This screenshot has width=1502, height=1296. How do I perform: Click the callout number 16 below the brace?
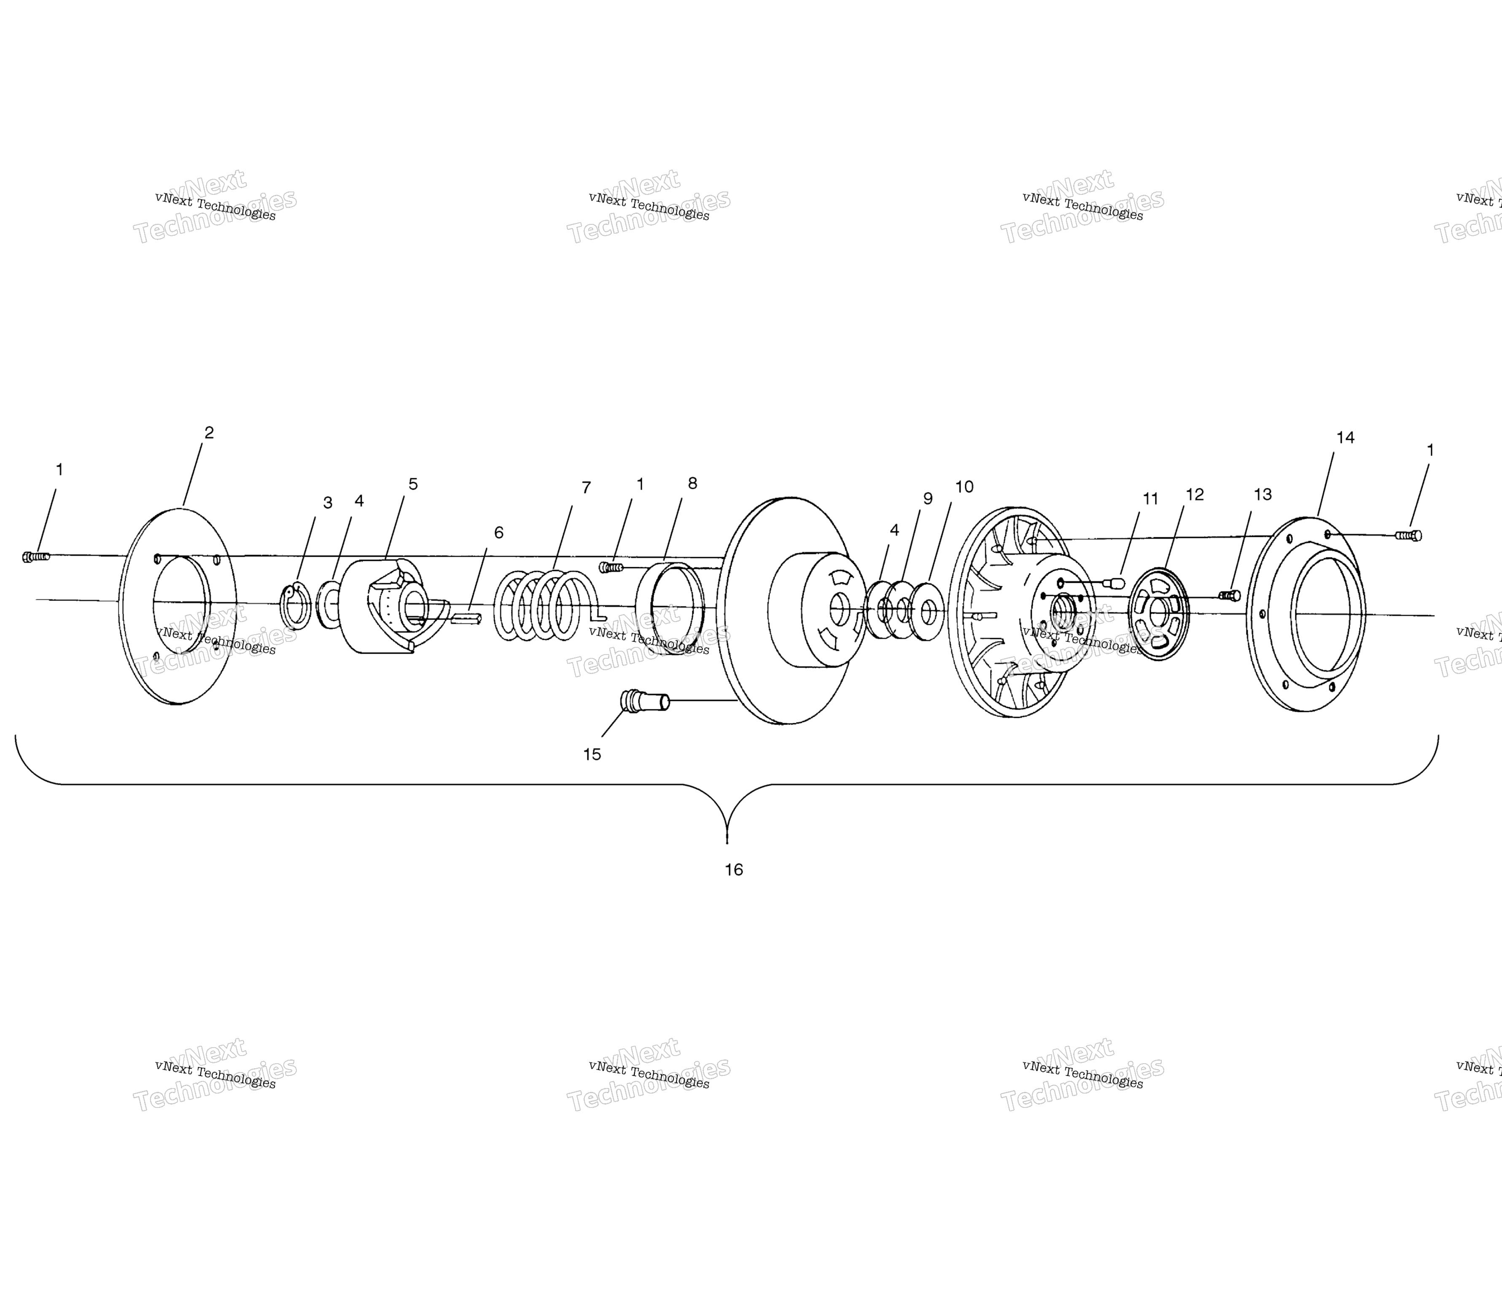734,870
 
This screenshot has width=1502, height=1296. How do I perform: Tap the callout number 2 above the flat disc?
209,433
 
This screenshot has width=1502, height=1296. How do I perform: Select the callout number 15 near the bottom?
592,754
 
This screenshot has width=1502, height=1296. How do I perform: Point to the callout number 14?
1345,438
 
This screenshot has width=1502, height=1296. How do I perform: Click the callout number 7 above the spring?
587,488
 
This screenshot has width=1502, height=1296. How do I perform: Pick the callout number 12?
1195,494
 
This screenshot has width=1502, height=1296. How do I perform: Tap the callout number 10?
964,487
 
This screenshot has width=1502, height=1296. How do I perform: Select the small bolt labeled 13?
1230,596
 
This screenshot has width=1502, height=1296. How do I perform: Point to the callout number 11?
1150,499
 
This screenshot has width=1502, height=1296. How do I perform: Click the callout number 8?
692,483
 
